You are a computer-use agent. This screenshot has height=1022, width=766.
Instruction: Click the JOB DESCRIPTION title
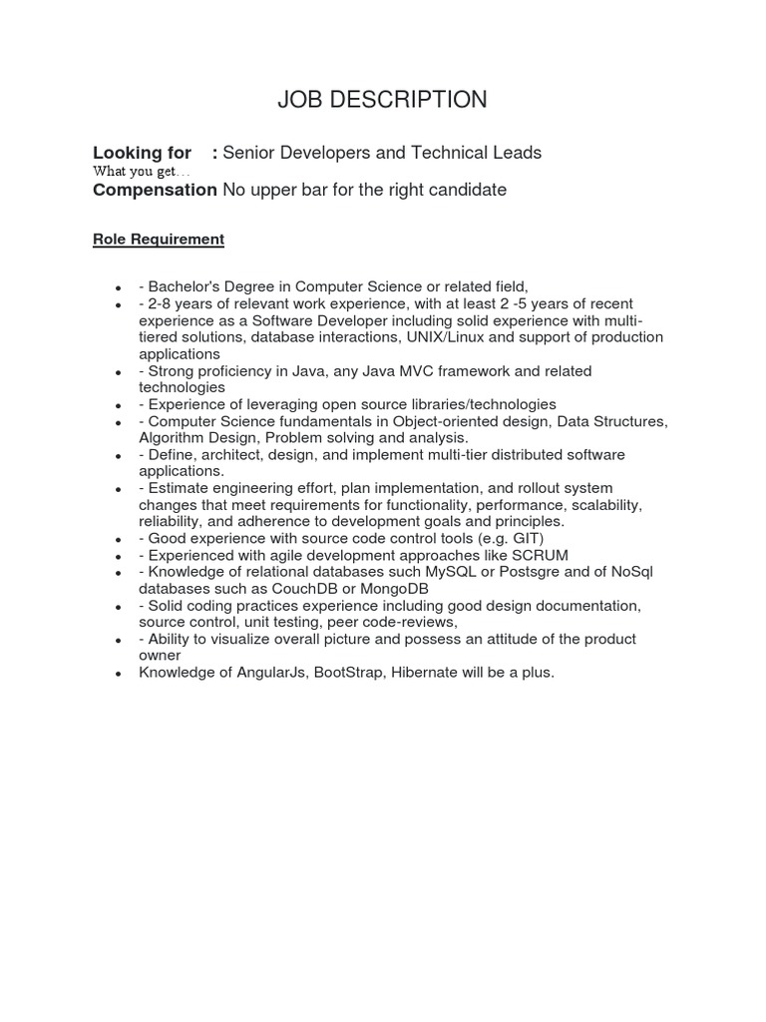(x=382, y=100)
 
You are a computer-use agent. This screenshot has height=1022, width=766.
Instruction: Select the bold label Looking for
(x=142, y=153)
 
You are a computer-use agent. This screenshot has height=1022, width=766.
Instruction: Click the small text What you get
(x=141, y=172)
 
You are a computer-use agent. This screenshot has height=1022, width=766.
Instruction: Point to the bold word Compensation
(x=155, y=190)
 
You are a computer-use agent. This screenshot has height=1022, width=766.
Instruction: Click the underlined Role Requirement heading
(x=159, y=240)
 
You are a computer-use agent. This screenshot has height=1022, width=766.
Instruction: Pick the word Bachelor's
(x=184, y=287)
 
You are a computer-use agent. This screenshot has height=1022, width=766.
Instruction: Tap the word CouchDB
(x=293, y=589)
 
